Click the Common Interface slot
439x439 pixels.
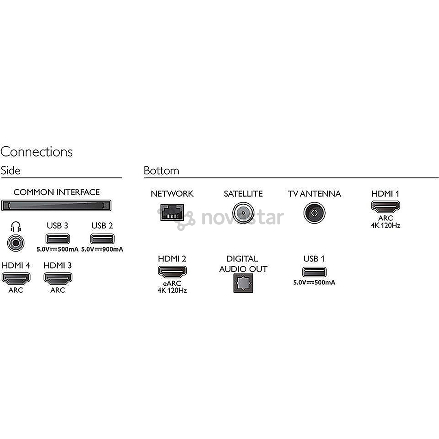click(56, 205)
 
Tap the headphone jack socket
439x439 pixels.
click(16, 243)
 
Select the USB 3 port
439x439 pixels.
click(57, 239)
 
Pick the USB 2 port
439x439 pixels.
click(102, 239)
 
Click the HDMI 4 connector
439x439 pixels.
click(16, 278)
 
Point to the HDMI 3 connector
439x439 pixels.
click(58, 278)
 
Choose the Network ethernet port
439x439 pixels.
click(172, 212)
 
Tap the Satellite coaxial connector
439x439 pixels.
click(243, 213)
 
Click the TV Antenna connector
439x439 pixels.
click(314, 213)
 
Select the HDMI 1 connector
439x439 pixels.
click(385, 206)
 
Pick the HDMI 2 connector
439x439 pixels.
click(172, 271)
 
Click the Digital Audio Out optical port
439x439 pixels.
click(243, 283)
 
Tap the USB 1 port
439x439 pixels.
click(314, 272)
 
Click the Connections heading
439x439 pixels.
click(37, 152)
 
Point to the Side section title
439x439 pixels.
click(11, 170)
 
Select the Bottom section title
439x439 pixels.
click(161, 170)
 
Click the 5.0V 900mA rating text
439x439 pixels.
click(102, 249)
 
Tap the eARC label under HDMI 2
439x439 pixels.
click(172, 283)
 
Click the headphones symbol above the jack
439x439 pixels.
click(16, 227)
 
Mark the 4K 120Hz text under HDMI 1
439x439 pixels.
click(385, 225)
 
